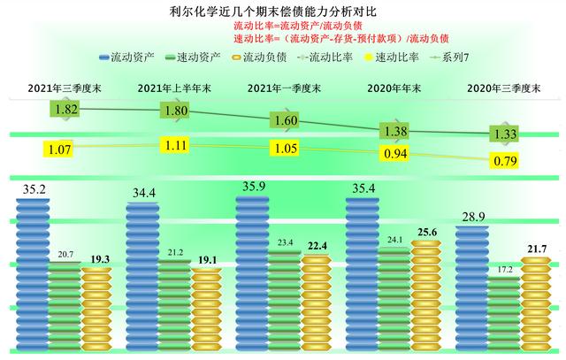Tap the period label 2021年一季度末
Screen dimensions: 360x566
[x=284, y=88]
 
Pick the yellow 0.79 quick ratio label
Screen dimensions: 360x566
[x=508, y=160]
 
